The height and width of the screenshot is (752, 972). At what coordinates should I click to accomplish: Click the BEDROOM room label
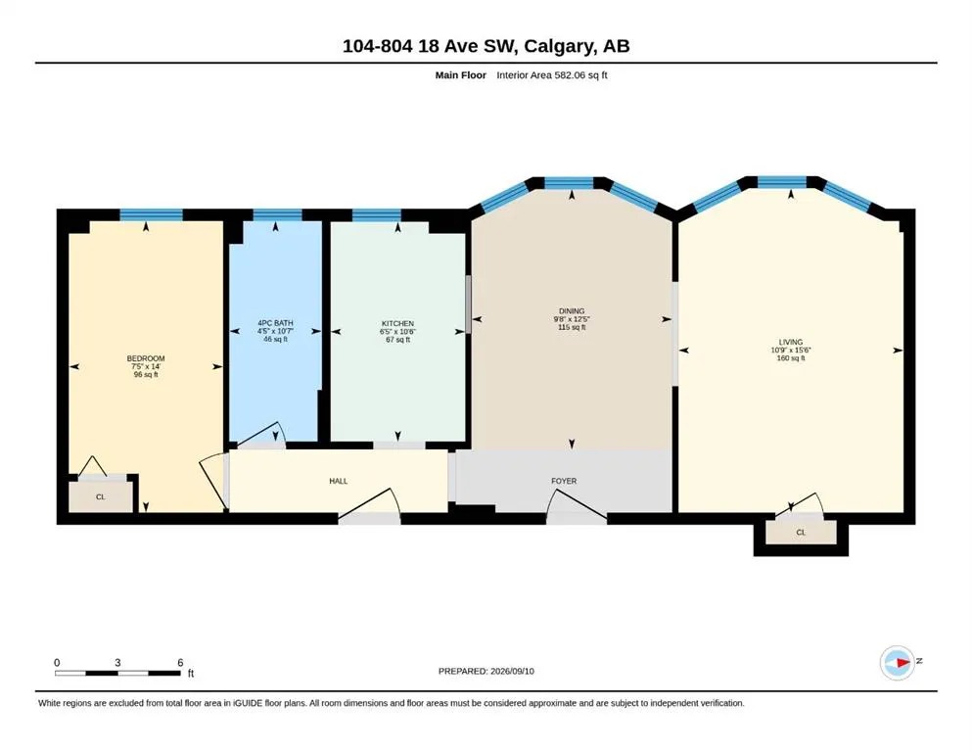[x=146, y=358]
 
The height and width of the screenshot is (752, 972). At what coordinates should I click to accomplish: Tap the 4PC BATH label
[x=275, y=323]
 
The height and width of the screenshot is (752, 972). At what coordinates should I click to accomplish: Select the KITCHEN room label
[x=397, y=323]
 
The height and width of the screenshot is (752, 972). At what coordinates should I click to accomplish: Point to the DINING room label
[x=572, y=311]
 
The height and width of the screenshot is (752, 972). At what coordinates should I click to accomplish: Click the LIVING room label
[x=790, y=342]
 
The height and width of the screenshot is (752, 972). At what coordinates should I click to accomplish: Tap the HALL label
[x=339, y=481]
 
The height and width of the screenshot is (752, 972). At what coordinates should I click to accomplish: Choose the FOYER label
[x=564, y=481]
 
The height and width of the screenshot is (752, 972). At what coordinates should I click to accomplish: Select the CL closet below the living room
[x=801, y=533]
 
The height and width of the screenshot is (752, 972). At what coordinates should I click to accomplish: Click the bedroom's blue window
[x=152, y=215]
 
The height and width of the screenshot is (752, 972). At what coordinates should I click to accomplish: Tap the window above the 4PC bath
[x=277, y=215]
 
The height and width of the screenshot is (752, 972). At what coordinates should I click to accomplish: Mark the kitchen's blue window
[x=376, y=215]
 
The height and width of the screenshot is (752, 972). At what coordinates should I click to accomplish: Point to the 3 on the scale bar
[x=117, y=663]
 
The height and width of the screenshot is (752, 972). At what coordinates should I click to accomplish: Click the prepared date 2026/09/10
[x=512, y=671]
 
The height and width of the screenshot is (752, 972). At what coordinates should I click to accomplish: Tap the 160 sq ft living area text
[x=790, y=358]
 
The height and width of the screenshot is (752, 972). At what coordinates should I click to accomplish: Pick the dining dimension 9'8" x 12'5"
[x=572, y=319]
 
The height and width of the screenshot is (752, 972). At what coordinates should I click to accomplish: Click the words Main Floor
[x=461, y=75]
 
